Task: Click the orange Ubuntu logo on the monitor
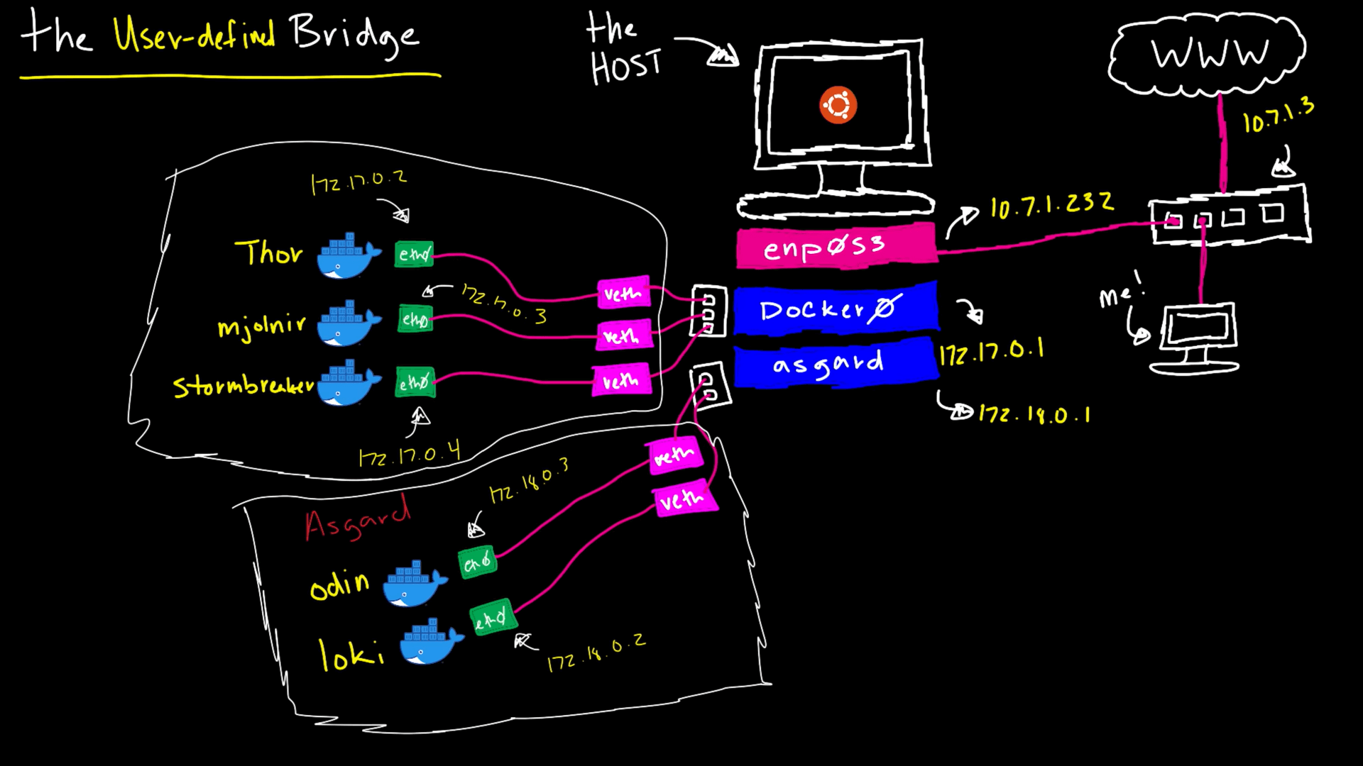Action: pos(838,106)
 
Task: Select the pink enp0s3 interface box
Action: pos(836,246)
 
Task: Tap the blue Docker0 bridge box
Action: pos(836,309)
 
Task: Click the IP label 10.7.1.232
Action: pos(1051,206)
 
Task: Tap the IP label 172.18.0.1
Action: pos(1034,414)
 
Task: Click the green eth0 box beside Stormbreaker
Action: pos(415,383)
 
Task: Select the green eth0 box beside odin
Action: pos(477,562)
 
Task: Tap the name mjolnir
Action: pos(261,326)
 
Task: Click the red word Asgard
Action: pos(357,520)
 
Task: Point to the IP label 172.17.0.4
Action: pos(410,453)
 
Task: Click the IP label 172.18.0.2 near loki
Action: pos(596,653)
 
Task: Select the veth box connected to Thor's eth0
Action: pos(623,293)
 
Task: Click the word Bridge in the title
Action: pos(354,35)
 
